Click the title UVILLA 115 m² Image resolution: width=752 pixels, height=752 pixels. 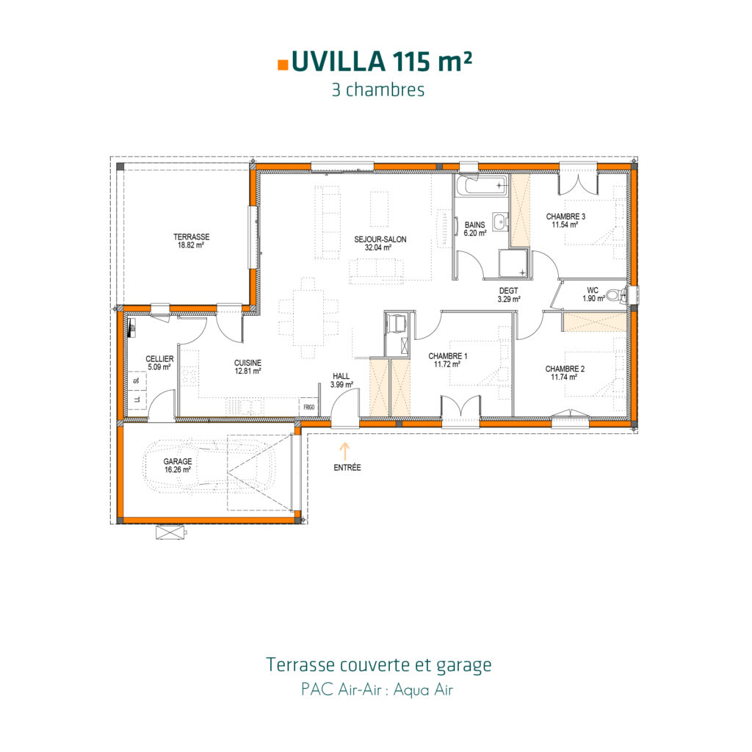381,62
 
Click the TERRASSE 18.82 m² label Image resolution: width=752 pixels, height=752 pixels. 192,242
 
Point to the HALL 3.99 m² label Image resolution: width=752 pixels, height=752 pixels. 341,380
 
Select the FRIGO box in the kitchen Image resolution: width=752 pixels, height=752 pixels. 307,406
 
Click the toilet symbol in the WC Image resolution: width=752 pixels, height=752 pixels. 615,295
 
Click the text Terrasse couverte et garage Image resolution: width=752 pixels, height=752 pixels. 378,665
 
